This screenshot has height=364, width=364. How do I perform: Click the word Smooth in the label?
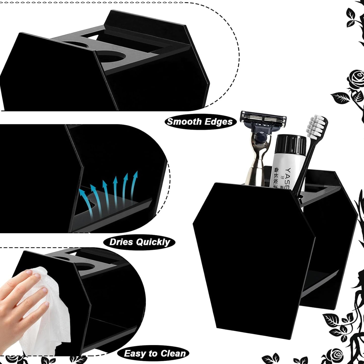click(181, 122)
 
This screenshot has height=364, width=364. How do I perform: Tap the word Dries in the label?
click(121, 242)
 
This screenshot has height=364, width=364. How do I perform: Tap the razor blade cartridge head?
click(263, 119)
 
